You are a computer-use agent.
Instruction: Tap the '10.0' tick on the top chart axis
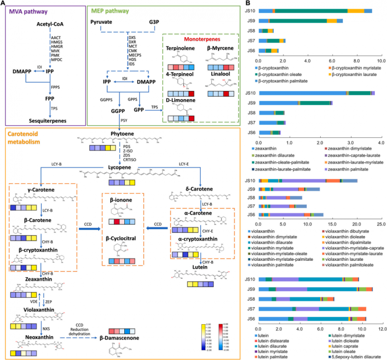coord(381,61)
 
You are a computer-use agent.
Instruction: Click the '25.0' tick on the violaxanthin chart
coord(381,224)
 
